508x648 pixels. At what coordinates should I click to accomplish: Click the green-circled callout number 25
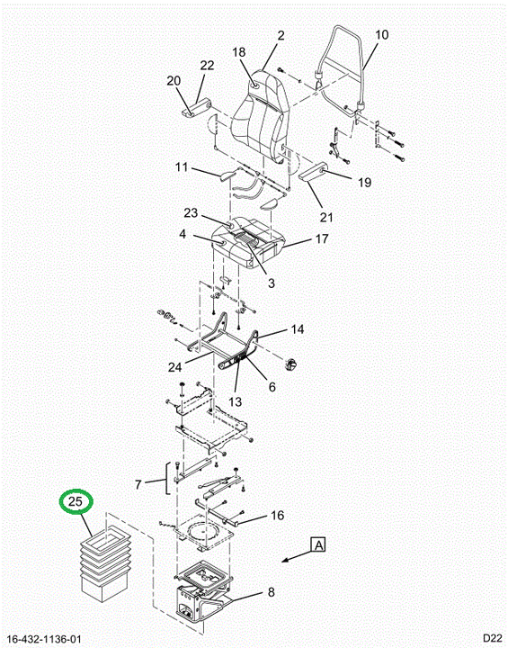pyautogui.click(x=76, y=501)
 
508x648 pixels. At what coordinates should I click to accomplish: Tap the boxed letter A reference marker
pyautogui.click(x=318, y=544)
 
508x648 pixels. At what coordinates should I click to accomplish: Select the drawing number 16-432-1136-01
pyautogui.click(x=44, y=640)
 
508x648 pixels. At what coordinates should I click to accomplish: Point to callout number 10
pyautogui.click(x=381, y=35)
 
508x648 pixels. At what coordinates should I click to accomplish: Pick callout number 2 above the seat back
pyautogui.click(x=281, y=35)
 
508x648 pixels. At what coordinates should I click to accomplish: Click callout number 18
pyautogui.click(x=239, y=52)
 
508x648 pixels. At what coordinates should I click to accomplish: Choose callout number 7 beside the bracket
pyautogui.click(x=138, y=484)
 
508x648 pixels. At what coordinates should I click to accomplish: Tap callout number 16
pyautogui.click(x=278, y=515)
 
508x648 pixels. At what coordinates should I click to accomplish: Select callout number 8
pyautogui.click(x=271, y=592)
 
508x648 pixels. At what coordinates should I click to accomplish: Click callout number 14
pyautogui.click(x=298, y=329)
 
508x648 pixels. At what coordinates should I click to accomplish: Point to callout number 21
pyautogui.click(x=326, y=217)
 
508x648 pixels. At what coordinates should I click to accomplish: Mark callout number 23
pyautogui.click(x=191, y=212)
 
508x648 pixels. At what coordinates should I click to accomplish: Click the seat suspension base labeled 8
pyautogui.click(x=201, y=592)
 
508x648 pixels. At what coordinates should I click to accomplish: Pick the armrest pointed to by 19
pyautogui.click(x=313, y=172)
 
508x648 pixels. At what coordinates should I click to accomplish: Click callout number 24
pyautogui.click(x=174, y=367)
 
